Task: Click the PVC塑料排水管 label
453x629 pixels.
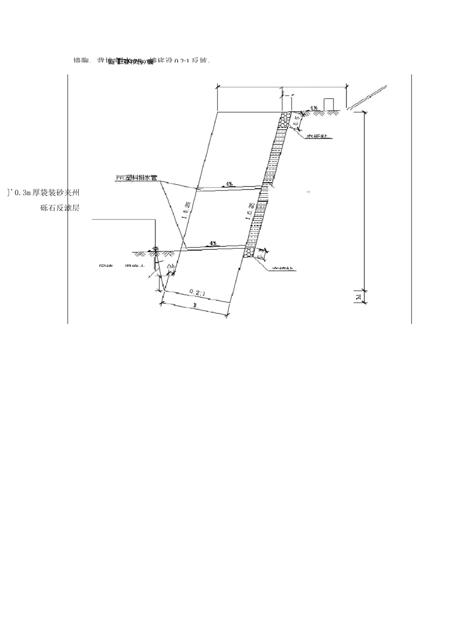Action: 137,178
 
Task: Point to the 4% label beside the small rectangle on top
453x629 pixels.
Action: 314,108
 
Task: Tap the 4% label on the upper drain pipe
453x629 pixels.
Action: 229,183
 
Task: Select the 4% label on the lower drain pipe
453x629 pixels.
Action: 213,243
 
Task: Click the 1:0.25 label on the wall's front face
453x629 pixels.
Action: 188,210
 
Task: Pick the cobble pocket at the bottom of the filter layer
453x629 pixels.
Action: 249,252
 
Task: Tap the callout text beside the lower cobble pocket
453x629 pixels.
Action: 284,269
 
